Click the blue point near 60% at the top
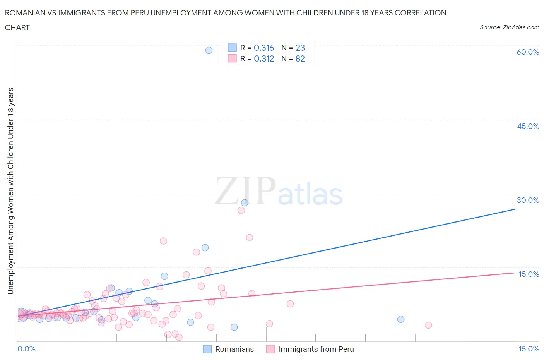[x=209, y=50]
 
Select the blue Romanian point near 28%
[x=245, y=203]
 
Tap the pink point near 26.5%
[x=241, y=211]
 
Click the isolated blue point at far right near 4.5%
[x=401, y=319]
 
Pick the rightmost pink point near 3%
[x=428, y=325]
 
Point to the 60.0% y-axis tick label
[x=528, y=52]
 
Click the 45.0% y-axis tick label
[x=528, y=126]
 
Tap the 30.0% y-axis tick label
[x=528, y=200]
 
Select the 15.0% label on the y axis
[x=529, y=274]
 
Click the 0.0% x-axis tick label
[x=26, y=349]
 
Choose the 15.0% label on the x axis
[x=529, y=349]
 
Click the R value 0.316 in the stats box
[x=264, y=48]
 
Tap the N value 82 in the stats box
[x=300, y=59]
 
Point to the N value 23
[x=300, y=48]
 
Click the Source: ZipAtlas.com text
[x=509, y=27]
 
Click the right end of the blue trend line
[x=515, y=209]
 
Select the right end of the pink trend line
[x=515, y=273]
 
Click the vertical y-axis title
[x=11, y=191]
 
